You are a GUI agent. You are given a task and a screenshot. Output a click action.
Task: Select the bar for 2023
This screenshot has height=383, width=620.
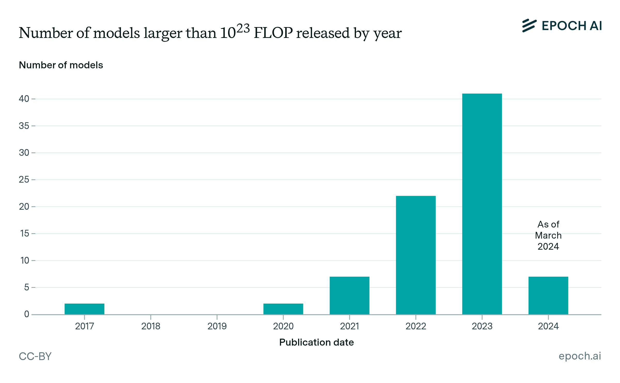pos(482,204)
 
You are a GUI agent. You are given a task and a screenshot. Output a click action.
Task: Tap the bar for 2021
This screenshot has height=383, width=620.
pos(349,295)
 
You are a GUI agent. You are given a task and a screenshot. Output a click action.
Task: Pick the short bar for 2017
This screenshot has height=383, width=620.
pos(84,309)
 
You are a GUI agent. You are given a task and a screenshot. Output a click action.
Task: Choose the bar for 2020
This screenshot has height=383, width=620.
pos(283,309)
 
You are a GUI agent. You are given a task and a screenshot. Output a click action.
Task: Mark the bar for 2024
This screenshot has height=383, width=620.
pos(548,295)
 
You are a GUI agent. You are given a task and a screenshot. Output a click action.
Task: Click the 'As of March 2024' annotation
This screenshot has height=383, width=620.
pos(548,235)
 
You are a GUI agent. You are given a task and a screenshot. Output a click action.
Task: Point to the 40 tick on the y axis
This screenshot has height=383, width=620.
pos(24,99)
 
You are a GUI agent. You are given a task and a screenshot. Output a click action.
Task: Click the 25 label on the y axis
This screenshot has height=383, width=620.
pos(24,180)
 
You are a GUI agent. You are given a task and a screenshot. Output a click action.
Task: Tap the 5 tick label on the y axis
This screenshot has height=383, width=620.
pos(27,287)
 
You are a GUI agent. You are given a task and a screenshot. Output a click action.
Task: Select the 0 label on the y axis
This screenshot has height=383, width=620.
pos(27,314)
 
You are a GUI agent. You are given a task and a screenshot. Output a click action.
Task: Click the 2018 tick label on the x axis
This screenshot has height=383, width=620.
pos(151,326)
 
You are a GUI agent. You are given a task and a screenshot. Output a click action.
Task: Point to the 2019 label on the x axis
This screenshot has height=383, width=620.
pos(217,326)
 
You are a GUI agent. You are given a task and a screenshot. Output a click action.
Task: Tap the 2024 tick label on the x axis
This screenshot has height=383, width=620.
pos(548,326)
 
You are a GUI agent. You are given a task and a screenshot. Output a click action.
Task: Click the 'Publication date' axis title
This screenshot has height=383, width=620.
pos(316,342)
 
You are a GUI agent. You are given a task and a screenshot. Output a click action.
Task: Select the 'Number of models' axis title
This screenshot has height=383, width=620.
pos(61,65)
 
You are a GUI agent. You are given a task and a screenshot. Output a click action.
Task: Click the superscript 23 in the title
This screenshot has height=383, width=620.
pos(243,28)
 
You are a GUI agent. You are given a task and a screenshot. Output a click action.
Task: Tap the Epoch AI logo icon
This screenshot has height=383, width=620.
pos(529,26)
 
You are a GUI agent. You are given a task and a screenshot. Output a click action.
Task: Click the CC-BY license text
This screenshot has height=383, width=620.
pos(35,356)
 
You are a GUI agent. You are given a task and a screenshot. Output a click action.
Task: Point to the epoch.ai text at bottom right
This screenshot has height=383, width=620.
pos(580,356)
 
